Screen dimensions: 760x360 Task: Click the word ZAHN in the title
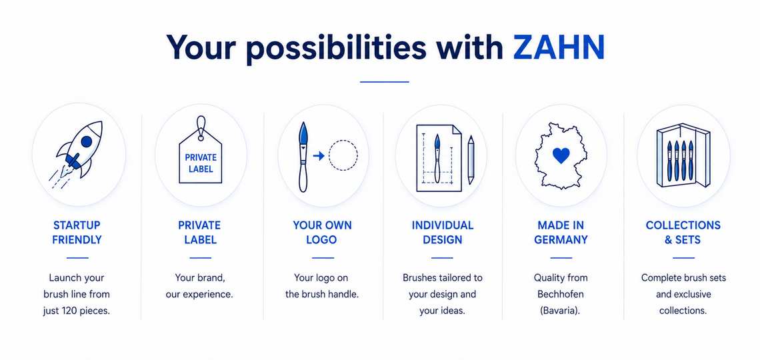[559, 47]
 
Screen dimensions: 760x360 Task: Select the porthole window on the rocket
[86, 141]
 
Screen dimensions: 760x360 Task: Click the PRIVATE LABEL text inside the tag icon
[201, 164]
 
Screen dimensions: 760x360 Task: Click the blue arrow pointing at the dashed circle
[319, 155]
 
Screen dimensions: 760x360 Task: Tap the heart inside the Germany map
[561, 156]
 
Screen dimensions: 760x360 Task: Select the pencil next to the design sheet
[471, 160]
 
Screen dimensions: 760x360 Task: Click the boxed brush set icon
[683, 156]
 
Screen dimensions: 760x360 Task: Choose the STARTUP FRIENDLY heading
[77, 233]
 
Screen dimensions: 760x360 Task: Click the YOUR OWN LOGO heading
[322, 233]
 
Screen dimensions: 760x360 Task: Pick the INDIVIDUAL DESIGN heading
[443, 233]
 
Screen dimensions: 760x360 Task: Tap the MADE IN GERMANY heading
[561, 233]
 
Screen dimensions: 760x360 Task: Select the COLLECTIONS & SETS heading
[683, 233]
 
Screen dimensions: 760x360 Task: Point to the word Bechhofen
[561, 294]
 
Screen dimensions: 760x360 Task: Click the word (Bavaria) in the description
[561, 311]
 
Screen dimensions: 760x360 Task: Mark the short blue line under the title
[385, 82]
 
